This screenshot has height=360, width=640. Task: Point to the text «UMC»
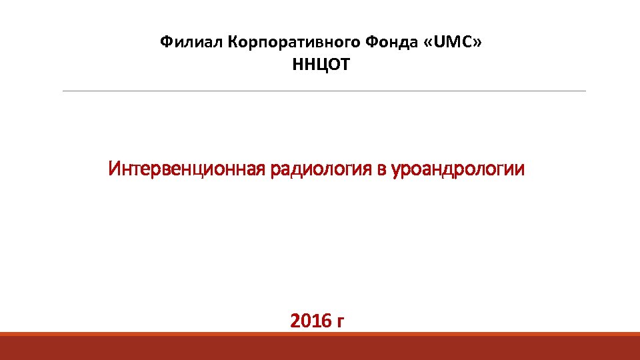pos(453,43)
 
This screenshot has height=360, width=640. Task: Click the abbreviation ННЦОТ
pos(321,65)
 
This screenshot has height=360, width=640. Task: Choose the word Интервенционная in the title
pos(187,169)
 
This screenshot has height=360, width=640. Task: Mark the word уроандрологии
pos(457,169)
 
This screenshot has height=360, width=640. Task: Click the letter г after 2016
pos(341,323)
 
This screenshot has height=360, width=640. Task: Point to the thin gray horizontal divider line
pos(324,91)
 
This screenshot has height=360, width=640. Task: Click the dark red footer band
pos(320,348)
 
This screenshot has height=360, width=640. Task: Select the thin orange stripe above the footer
pos(320,334)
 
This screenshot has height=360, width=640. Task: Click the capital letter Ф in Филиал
pos(165,43)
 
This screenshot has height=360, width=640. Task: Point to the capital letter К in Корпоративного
pos(231,43)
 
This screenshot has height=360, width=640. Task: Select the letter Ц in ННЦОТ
pos(321,65)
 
